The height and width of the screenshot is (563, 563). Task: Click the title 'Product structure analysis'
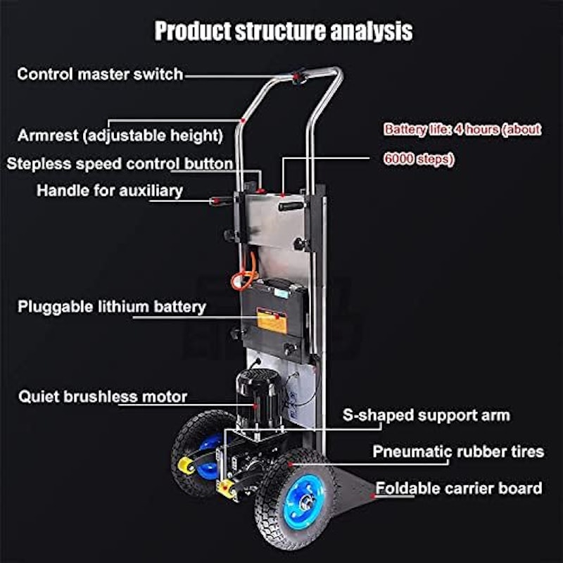[284, 31]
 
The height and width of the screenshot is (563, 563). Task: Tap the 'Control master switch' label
[100, 75]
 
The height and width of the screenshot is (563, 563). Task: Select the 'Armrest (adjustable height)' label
[120, 136]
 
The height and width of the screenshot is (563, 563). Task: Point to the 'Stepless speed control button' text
[120, 164]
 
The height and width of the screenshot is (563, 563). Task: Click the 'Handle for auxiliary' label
[110, 191]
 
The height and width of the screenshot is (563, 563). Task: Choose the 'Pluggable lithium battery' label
[112, 307]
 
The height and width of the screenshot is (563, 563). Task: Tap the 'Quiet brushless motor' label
[103, 397]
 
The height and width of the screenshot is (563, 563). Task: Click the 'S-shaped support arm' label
[426, 415]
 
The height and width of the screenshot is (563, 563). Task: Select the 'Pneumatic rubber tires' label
[458, 451]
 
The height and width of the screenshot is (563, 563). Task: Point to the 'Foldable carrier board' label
[459, 488]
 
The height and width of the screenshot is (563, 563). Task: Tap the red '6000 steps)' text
[419, 159]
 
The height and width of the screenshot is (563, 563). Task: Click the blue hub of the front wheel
[303, 502]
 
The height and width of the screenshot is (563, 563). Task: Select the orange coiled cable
[245, 274]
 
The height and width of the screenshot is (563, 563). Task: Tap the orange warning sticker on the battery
[272, 321]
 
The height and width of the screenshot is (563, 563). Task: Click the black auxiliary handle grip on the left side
[220, 201]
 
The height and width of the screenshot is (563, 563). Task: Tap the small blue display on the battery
[282, 294]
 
